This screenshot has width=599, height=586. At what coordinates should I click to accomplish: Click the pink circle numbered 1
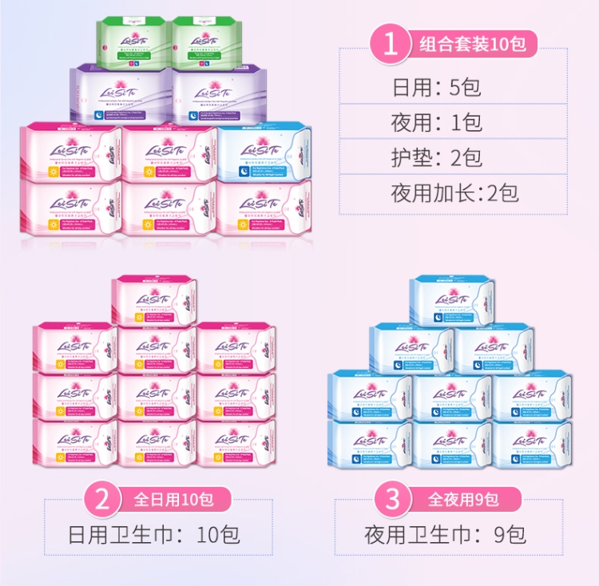point(391,43)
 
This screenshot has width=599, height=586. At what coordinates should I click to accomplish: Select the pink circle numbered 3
point(392,501)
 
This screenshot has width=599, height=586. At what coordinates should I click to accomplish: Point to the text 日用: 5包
point(436,87)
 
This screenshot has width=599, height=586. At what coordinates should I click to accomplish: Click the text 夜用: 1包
point(436,122)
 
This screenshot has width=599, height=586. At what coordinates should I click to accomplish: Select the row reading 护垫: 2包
point(436,157)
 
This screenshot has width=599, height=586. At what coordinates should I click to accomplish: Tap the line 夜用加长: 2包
point(454,192)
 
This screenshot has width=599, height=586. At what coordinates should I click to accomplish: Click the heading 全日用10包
point(173,501)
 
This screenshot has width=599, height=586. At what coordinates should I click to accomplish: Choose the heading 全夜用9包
point(463,501)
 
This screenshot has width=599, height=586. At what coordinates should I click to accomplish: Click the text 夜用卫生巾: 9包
point(446,534)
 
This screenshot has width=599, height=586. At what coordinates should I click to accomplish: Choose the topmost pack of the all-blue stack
point(452,302)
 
